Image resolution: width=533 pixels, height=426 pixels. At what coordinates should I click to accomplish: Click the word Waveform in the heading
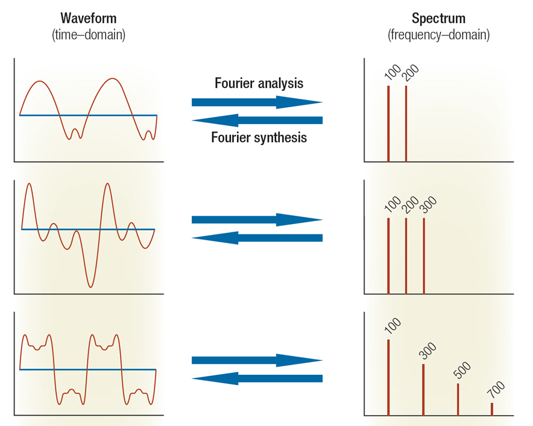point(88,18)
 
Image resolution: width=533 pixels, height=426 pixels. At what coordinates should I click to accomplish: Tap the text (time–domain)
point(88,35)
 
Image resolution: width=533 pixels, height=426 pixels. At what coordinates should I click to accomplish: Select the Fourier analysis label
point(259,83)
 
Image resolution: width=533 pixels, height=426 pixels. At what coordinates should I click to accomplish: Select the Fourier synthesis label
point(259,137)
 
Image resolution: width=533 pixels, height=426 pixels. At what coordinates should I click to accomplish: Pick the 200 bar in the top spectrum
point(406,124)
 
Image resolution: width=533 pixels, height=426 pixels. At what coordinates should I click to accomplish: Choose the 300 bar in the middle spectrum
point(424,255)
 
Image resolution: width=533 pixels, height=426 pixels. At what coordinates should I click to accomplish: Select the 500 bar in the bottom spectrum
point(458,399)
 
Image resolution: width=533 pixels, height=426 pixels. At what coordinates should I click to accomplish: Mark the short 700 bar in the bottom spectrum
point(492,409)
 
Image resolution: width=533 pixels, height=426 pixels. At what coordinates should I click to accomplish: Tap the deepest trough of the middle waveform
point(90,286)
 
